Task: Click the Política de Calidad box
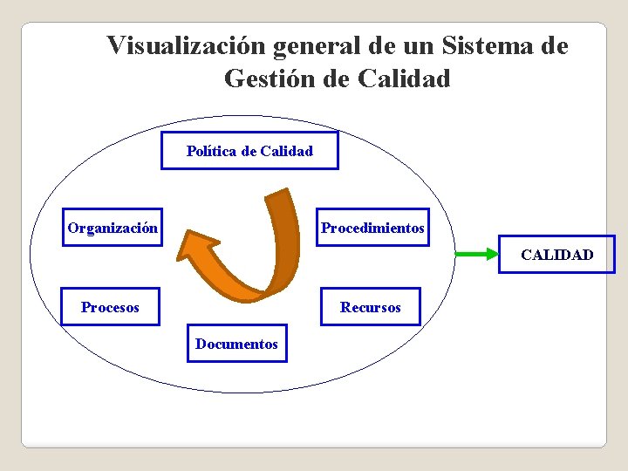pos(249,151)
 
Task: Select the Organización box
pos(113,229)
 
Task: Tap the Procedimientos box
pos(372,228)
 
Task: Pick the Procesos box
pos(110,306)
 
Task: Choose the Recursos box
pos(371,307)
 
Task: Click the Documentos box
pos(236,344)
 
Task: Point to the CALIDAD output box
pos(556,255)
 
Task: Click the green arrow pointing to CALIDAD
pos(476,255)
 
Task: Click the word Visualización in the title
pos(187,45)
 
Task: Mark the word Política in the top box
pos(209,151)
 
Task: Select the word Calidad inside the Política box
pos(286,151)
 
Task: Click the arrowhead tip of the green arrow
pos(495,255)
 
